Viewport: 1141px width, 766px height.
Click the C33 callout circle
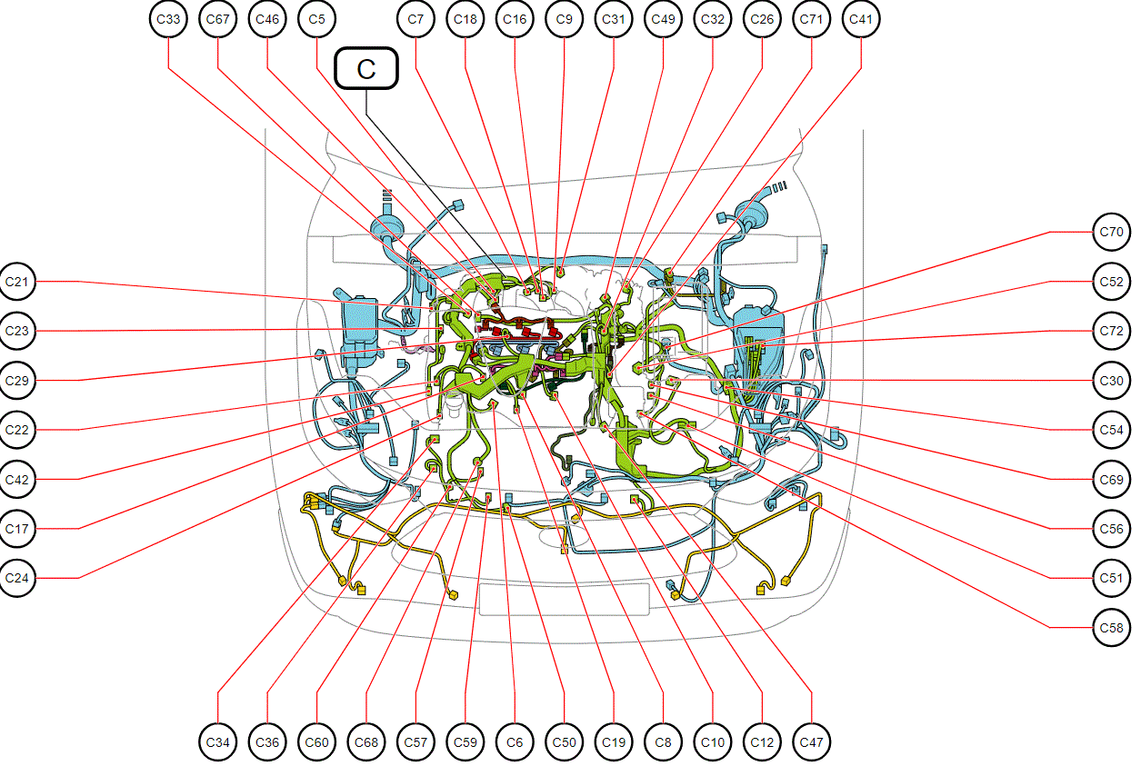[x=168, y=19]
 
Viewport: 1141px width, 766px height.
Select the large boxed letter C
[x=366, y=69]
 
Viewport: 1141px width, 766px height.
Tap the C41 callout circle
[x=861, y=19]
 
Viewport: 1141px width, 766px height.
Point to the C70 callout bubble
[x=1112, y=232]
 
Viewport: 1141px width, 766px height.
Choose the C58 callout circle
[x=1112, y=628]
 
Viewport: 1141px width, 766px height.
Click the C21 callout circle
[x=16, y=282]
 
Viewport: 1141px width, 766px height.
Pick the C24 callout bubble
[x=16, y=578]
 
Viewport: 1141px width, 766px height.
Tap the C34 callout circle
[x=217, y=742]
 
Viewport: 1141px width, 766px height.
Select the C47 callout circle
[x=812, y=742]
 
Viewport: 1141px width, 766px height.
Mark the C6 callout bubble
[x=515, y=742]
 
